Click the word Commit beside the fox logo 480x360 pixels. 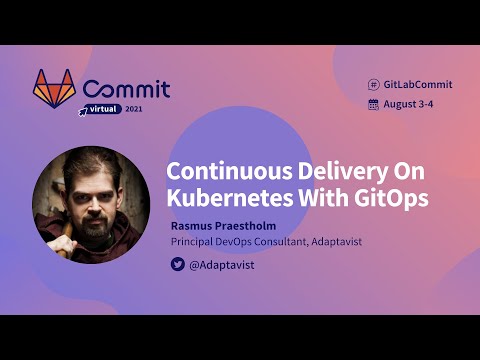tap(126, 89)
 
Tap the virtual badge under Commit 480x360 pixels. tap(102, 110)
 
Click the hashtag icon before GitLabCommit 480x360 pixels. tap(373, 85)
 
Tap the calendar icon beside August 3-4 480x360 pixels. tap(373, 104)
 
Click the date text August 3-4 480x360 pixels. tap(410, 104)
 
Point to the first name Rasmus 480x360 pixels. tap(194, 226)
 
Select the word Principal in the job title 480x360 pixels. tap(196, 242)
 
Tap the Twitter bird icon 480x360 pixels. tap(177, 265)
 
